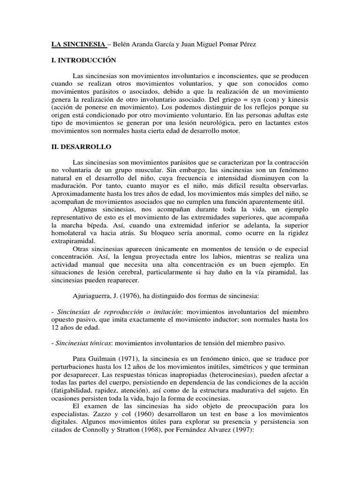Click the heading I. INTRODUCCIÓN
coord(83,61)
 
